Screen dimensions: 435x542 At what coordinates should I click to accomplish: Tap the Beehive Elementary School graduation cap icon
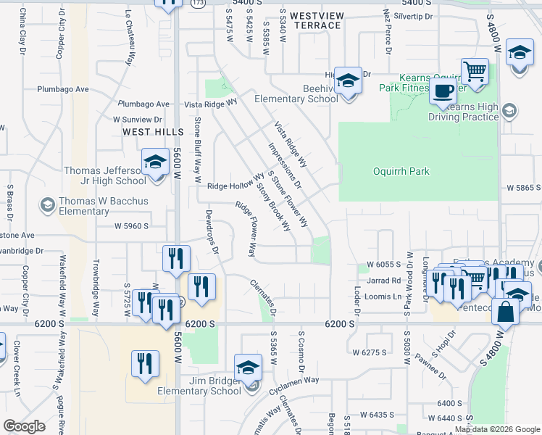coord(348,82)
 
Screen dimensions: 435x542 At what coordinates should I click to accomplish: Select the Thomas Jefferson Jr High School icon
coord(154,163)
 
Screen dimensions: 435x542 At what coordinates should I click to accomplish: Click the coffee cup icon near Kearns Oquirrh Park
coord(443,92)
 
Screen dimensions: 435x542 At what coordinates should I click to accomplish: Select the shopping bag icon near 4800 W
coord(506,312)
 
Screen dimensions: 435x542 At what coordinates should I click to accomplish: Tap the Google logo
coord(24,426)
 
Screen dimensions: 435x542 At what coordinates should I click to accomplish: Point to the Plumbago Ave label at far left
coord(63,90)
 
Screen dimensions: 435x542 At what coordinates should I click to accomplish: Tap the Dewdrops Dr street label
coord(212,228)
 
